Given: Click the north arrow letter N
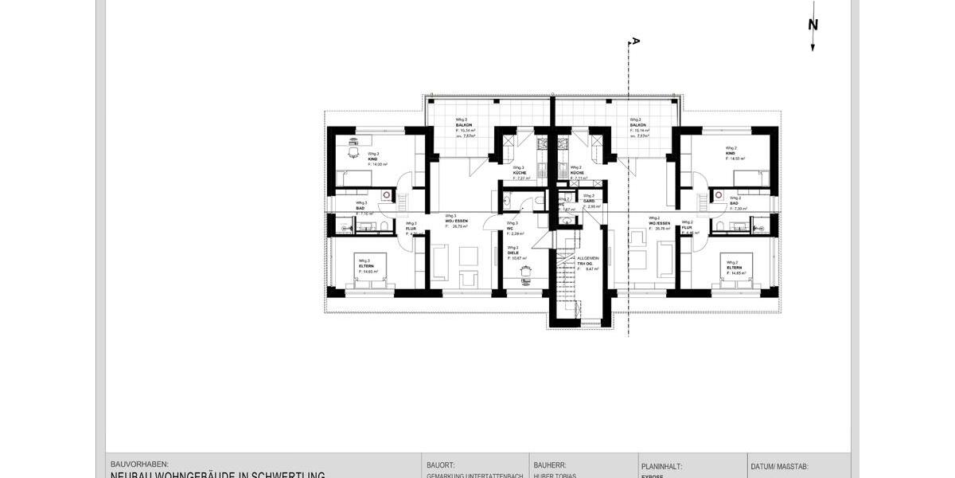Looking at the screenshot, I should click(x=813, y=25).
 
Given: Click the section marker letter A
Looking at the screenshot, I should click(x=635, y=41).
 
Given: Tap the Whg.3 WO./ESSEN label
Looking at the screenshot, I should click(x=456, y=221).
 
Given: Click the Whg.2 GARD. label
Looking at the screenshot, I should click(x=590, y=200).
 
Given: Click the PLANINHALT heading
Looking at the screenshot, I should click(x=661, y=467).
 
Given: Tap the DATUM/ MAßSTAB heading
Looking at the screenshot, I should click(x=779, y=467).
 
